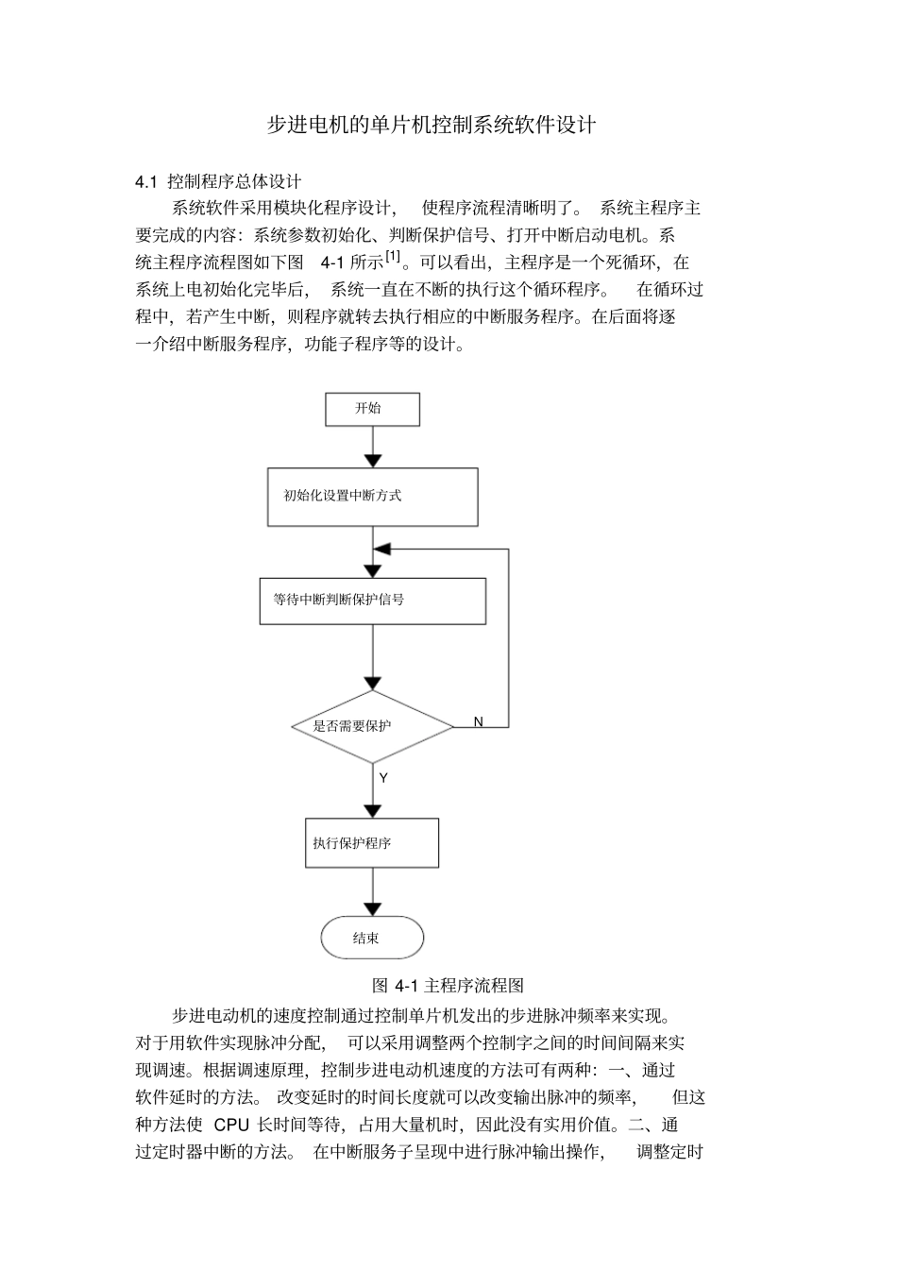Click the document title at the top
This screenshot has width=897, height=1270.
pos(432,125)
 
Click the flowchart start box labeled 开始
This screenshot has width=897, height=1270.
pos(372,409)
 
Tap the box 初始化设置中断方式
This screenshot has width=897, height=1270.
pos(372,496)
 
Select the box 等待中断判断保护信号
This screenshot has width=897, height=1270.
pos(372,601)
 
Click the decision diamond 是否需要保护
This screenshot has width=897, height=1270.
pos(372,726)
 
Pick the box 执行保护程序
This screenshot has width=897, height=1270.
pos(372,842)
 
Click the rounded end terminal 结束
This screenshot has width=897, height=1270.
pos(372,938)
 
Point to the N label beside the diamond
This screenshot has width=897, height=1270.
pos(478,722)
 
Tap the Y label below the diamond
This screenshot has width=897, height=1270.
pos(383,779)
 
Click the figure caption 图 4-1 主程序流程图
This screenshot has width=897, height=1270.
pos(448,986)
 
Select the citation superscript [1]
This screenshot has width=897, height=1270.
pos(394,256)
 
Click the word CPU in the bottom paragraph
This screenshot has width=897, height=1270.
pos(231,1125)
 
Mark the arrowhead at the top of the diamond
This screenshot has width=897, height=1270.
pos(373,683)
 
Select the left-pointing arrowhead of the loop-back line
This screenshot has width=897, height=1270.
pos(381,550)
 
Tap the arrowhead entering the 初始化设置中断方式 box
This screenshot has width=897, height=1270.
pos(373,461)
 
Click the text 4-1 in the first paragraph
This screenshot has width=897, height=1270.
pos(333,262)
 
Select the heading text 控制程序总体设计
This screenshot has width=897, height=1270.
pos(234,181)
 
